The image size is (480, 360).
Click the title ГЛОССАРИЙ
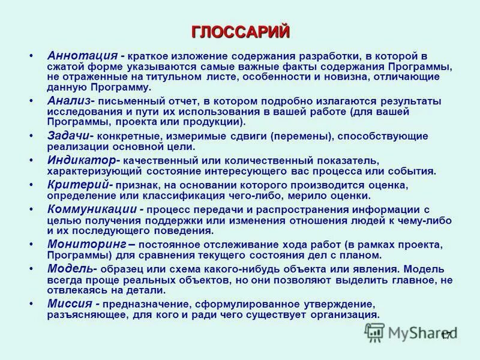pos(240,31)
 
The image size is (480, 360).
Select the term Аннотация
pos(82,55)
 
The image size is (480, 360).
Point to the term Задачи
pos(68,136)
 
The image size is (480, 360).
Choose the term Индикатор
pos(81,160)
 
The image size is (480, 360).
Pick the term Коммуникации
pos(93,209)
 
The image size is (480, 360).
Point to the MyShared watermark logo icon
pos(375,332)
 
